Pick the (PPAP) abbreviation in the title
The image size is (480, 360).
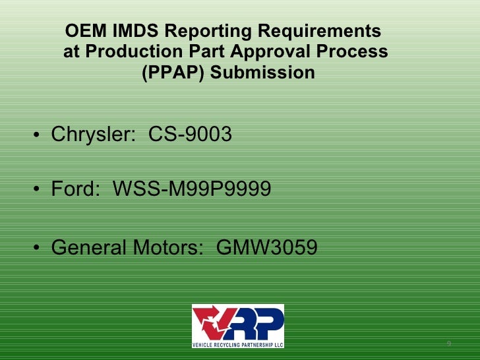(173, 73)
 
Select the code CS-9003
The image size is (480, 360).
(190, 135)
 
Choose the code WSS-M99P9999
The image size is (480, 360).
(192, 190)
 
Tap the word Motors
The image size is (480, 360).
(167, 248)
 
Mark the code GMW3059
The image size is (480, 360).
(266, 248)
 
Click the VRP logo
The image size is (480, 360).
(237, 326)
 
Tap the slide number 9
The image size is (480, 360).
(449, 344)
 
